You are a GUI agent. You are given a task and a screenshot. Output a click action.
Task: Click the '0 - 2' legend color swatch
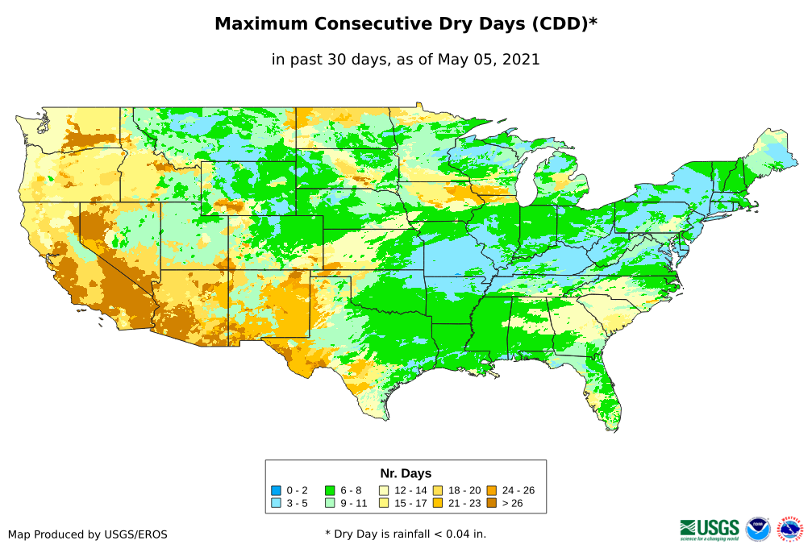[x=277, y=490]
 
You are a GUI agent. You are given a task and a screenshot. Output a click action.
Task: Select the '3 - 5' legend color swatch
[x=277, y=503]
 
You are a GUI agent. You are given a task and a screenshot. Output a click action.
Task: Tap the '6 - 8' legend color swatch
[x=330, y=490]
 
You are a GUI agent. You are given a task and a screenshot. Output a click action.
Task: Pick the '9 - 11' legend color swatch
[x=330, y=503]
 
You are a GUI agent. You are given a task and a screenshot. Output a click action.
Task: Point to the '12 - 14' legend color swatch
[x=384, y=490]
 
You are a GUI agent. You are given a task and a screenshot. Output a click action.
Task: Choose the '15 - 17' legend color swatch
[x=384, y=503]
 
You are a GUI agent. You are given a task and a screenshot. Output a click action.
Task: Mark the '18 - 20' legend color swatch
[x=437, y=490]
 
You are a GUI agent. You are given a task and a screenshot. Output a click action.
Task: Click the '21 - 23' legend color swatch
[x=437, y=503]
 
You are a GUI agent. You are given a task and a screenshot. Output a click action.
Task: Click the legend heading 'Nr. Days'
[x=406, y=473]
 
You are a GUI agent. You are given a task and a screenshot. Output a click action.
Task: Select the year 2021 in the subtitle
[x=521, y=59]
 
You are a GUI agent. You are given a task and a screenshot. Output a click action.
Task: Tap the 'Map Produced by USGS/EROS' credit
[x=88, y=534]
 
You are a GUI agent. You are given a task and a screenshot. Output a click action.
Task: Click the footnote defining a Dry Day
[x=406, y=534]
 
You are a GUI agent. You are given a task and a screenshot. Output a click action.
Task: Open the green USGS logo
[x=710, y=529]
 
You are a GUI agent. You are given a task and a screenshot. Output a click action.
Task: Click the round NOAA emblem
[x=758, y=529]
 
